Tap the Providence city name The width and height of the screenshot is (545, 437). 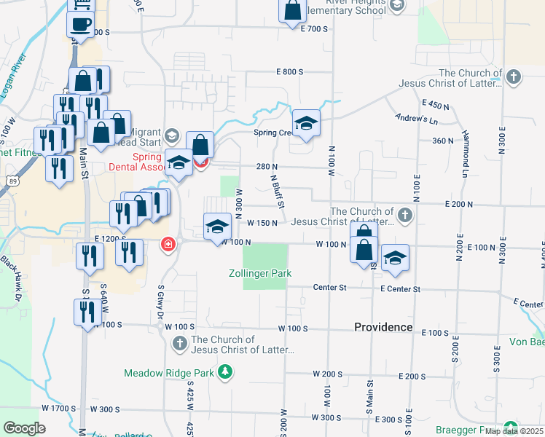(383, 327)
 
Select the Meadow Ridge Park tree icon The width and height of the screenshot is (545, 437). (226, 373)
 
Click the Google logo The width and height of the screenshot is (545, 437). (24, 428)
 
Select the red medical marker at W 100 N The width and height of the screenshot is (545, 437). (168, 243)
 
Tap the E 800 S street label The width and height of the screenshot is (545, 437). (289, 71)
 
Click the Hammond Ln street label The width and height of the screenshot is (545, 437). (464, 161)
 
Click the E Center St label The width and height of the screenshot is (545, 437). (400, 289)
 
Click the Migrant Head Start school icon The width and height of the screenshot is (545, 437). (171, 135)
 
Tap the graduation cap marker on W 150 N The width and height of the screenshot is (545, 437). (216, 227)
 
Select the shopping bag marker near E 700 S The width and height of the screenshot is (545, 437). (292, 11)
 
